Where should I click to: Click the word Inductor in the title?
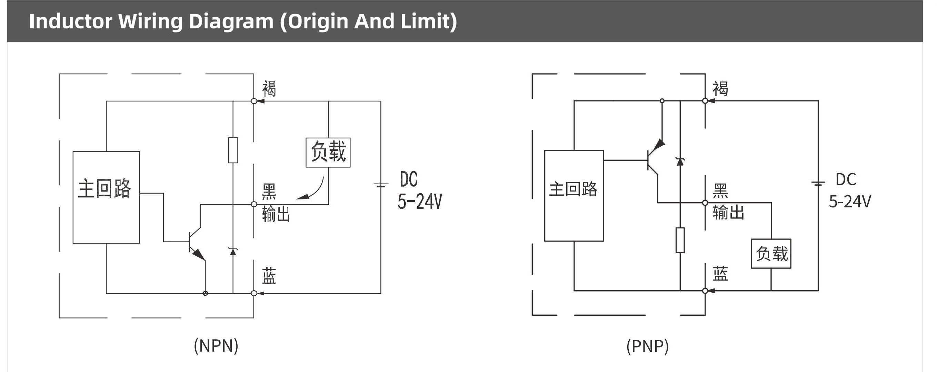click(x=70, y=21)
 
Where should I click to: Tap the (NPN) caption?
click(x=216, y=345)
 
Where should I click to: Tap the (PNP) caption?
click(x=647, y=346)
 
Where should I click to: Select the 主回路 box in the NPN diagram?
click(x=106, y=197)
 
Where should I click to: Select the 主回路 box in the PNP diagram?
click(x=574, y=195)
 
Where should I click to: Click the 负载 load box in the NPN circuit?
click(x=328, y=152)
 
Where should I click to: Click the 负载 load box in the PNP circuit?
click(x=771, y=254)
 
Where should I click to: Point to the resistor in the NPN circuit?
click(x=233, y=150)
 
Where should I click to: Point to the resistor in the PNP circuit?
click(x=680, y=240)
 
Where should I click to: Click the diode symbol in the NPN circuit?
click(x=233, y=251)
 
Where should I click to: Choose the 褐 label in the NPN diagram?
click(x=269, y=88)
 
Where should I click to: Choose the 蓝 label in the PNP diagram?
click(x=720, y=274)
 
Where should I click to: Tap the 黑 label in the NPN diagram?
click(x=269, y=192)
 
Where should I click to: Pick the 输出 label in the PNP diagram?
click(x=728, y=212)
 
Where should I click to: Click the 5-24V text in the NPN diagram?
click(x=420, y=201)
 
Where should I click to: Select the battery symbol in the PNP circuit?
click(x=818, y=184)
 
